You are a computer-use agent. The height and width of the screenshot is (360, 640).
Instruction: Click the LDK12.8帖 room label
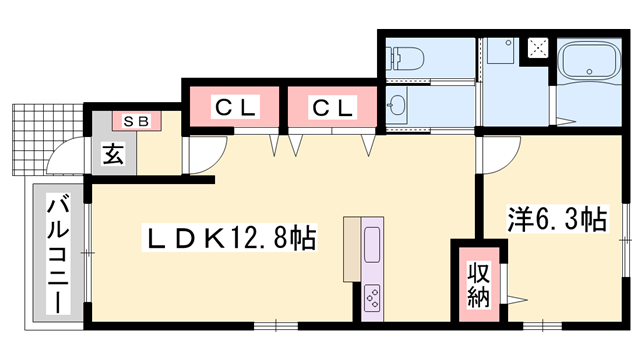pyautogui.click(x=233, y=237)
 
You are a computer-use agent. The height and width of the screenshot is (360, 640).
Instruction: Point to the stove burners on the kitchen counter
pyautogui.click(x=372, y=297)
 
